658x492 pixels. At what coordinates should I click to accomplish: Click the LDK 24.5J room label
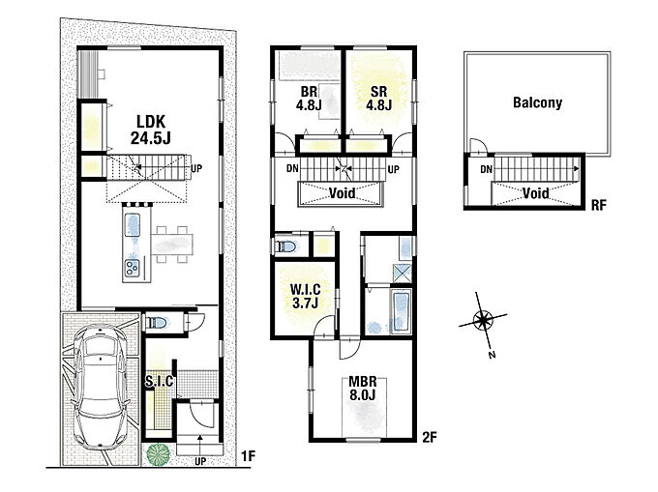pos(151,130)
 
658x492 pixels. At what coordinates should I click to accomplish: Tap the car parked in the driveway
pos(101,387)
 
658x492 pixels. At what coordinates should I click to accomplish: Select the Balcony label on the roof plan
pos(538,102)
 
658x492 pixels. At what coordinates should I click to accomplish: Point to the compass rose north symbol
pos(483,321)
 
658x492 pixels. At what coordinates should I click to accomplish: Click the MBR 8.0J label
pos(363,388)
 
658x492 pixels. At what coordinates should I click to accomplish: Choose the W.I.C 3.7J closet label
pos(305,296)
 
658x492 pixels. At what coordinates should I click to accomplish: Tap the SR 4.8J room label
pos(378,98)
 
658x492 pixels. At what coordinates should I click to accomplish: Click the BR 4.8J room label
pos(309,98)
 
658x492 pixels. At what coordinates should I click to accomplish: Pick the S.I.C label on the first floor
pos(159,381)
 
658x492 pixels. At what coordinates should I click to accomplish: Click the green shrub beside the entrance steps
pos(158,454)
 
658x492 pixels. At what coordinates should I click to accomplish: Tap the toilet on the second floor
pos(285,246)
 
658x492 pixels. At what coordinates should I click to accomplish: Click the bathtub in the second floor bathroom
pos(401,310)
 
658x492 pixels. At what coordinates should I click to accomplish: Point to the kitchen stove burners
pos(132,268)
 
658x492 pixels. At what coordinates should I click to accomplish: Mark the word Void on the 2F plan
pos(342,193)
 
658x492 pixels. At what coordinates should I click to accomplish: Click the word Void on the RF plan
pos(535,193)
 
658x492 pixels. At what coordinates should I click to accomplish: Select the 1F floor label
pos(249,455)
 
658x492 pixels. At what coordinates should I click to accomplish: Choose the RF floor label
pos(598,205)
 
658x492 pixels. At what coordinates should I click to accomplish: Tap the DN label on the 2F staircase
pos(292,169)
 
